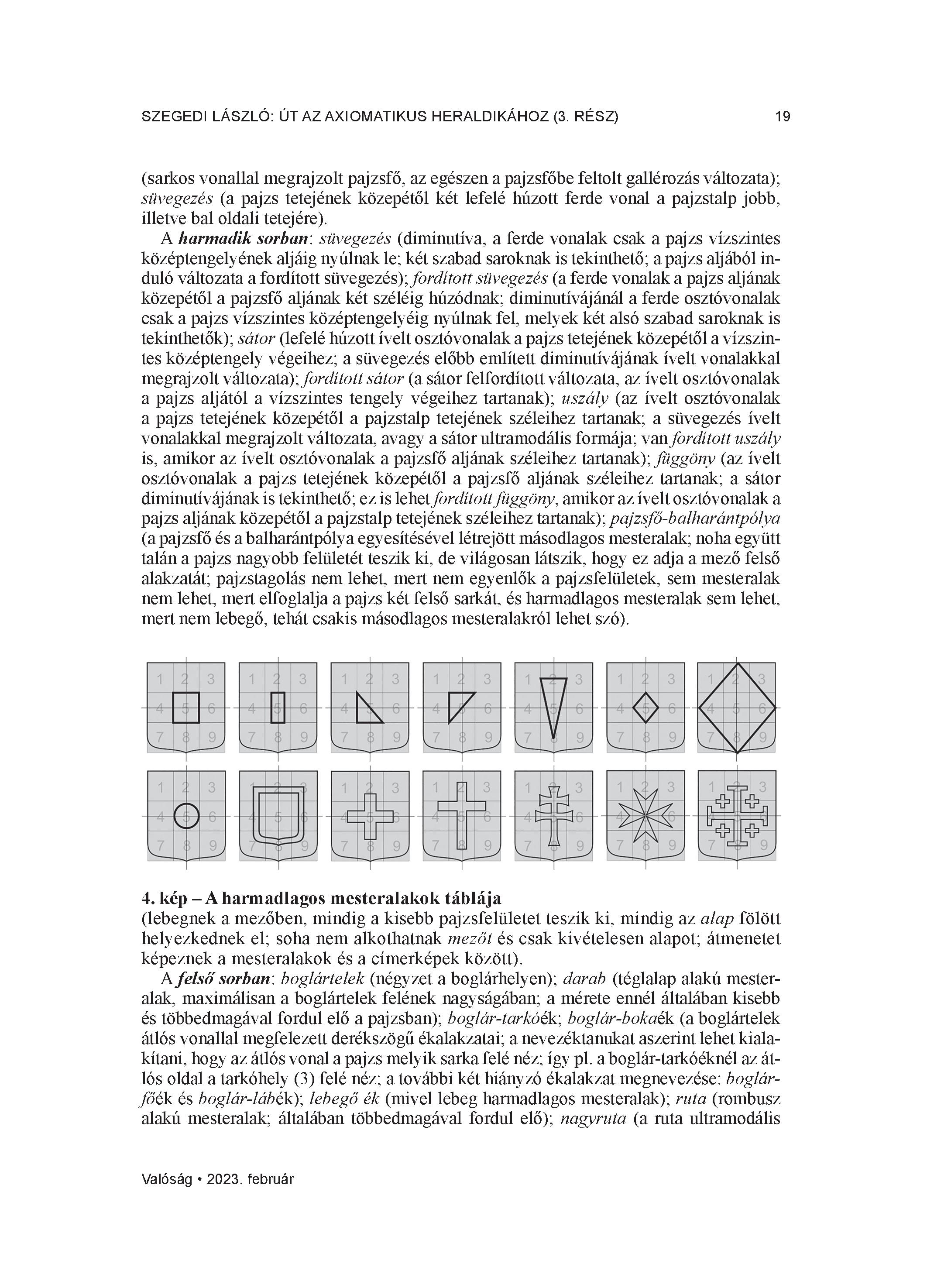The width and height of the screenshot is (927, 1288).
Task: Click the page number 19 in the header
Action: pyautogui.click(x=782, y=117)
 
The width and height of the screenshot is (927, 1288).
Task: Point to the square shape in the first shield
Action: pyautogui.click(x=186, y=707)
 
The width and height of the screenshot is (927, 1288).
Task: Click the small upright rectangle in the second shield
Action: pyautogui.click(x=278, y=707)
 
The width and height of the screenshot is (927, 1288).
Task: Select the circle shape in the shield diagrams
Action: pyautogui.click(x=186, y=817)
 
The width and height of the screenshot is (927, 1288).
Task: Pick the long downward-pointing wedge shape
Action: pyautogui.click(x=553, y=704)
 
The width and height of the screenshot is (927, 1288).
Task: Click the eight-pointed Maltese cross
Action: pyautogui.click(x=645, y=816)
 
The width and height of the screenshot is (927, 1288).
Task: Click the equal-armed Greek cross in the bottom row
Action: pyautogui.click(x=370, y=817)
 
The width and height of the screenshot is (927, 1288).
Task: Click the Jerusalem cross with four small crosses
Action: pyautogui.click(x=737, y=817)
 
